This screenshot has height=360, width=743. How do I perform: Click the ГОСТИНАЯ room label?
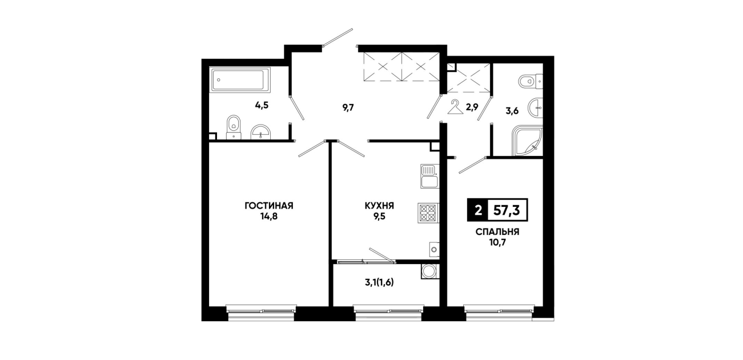coord(269,206)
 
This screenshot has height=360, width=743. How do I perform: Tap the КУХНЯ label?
coord(379,206)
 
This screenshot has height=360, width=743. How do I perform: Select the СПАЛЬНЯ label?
coord(497,232)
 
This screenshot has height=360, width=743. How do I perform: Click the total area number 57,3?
coord(507,210)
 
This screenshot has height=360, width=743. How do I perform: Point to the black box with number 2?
coord(478,210)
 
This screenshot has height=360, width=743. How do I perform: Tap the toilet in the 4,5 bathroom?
coord(234,127)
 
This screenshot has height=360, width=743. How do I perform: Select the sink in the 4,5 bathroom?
coord(261,132)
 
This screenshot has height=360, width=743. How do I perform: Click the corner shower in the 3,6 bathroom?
coord(527,141)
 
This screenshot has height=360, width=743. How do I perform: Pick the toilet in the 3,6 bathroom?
coord(531,81)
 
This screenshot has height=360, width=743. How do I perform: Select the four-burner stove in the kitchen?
coord(428,213)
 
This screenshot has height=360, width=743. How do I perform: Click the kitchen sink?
coord(429,176)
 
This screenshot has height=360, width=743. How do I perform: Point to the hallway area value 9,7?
coord(348,108)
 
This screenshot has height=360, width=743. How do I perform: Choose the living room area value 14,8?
coord(269,217)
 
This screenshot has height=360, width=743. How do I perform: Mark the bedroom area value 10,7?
coord(497,243)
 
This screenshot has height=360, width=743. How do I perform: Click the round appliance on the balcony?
coord(430,271)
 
